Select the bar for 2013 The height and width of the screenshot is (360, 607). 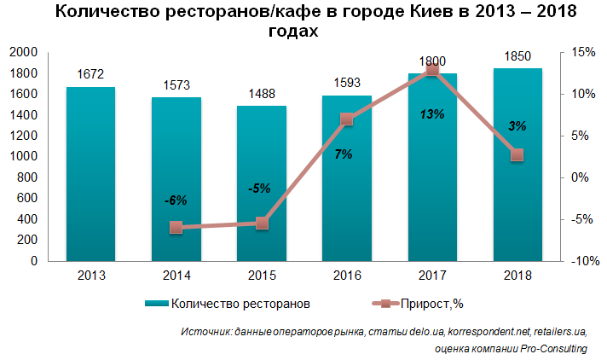(x=90, y=174)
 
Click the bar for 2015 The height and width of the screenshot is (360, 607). (x=261, y=183)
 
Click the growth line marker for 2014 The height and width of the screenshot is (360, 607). (x=176, y=228)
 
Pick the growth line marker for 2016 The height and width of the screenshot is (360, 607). (x=346, y=119)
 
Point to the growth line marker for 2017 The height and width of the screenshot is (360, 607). (x=431, y=69)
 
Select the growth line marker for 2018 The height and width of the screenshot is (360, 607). (x=517, y=154)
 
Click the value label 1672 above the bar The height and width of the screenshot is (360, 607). (x=90, y=74)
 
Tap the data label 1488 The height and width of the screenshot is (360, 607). (x=261, y=94)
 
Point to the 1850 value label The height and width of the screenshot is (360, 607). (x=517, y=55)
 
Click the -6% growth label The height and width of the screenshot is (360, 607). (x=176, y=200)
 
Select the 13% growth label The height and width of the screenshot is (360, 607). (x=432, y=113)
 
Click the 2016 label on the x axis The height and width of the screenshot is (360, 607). (x=346, y=276)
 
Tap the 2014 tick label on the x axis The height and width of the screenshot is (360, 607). (x=176, y=276)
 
